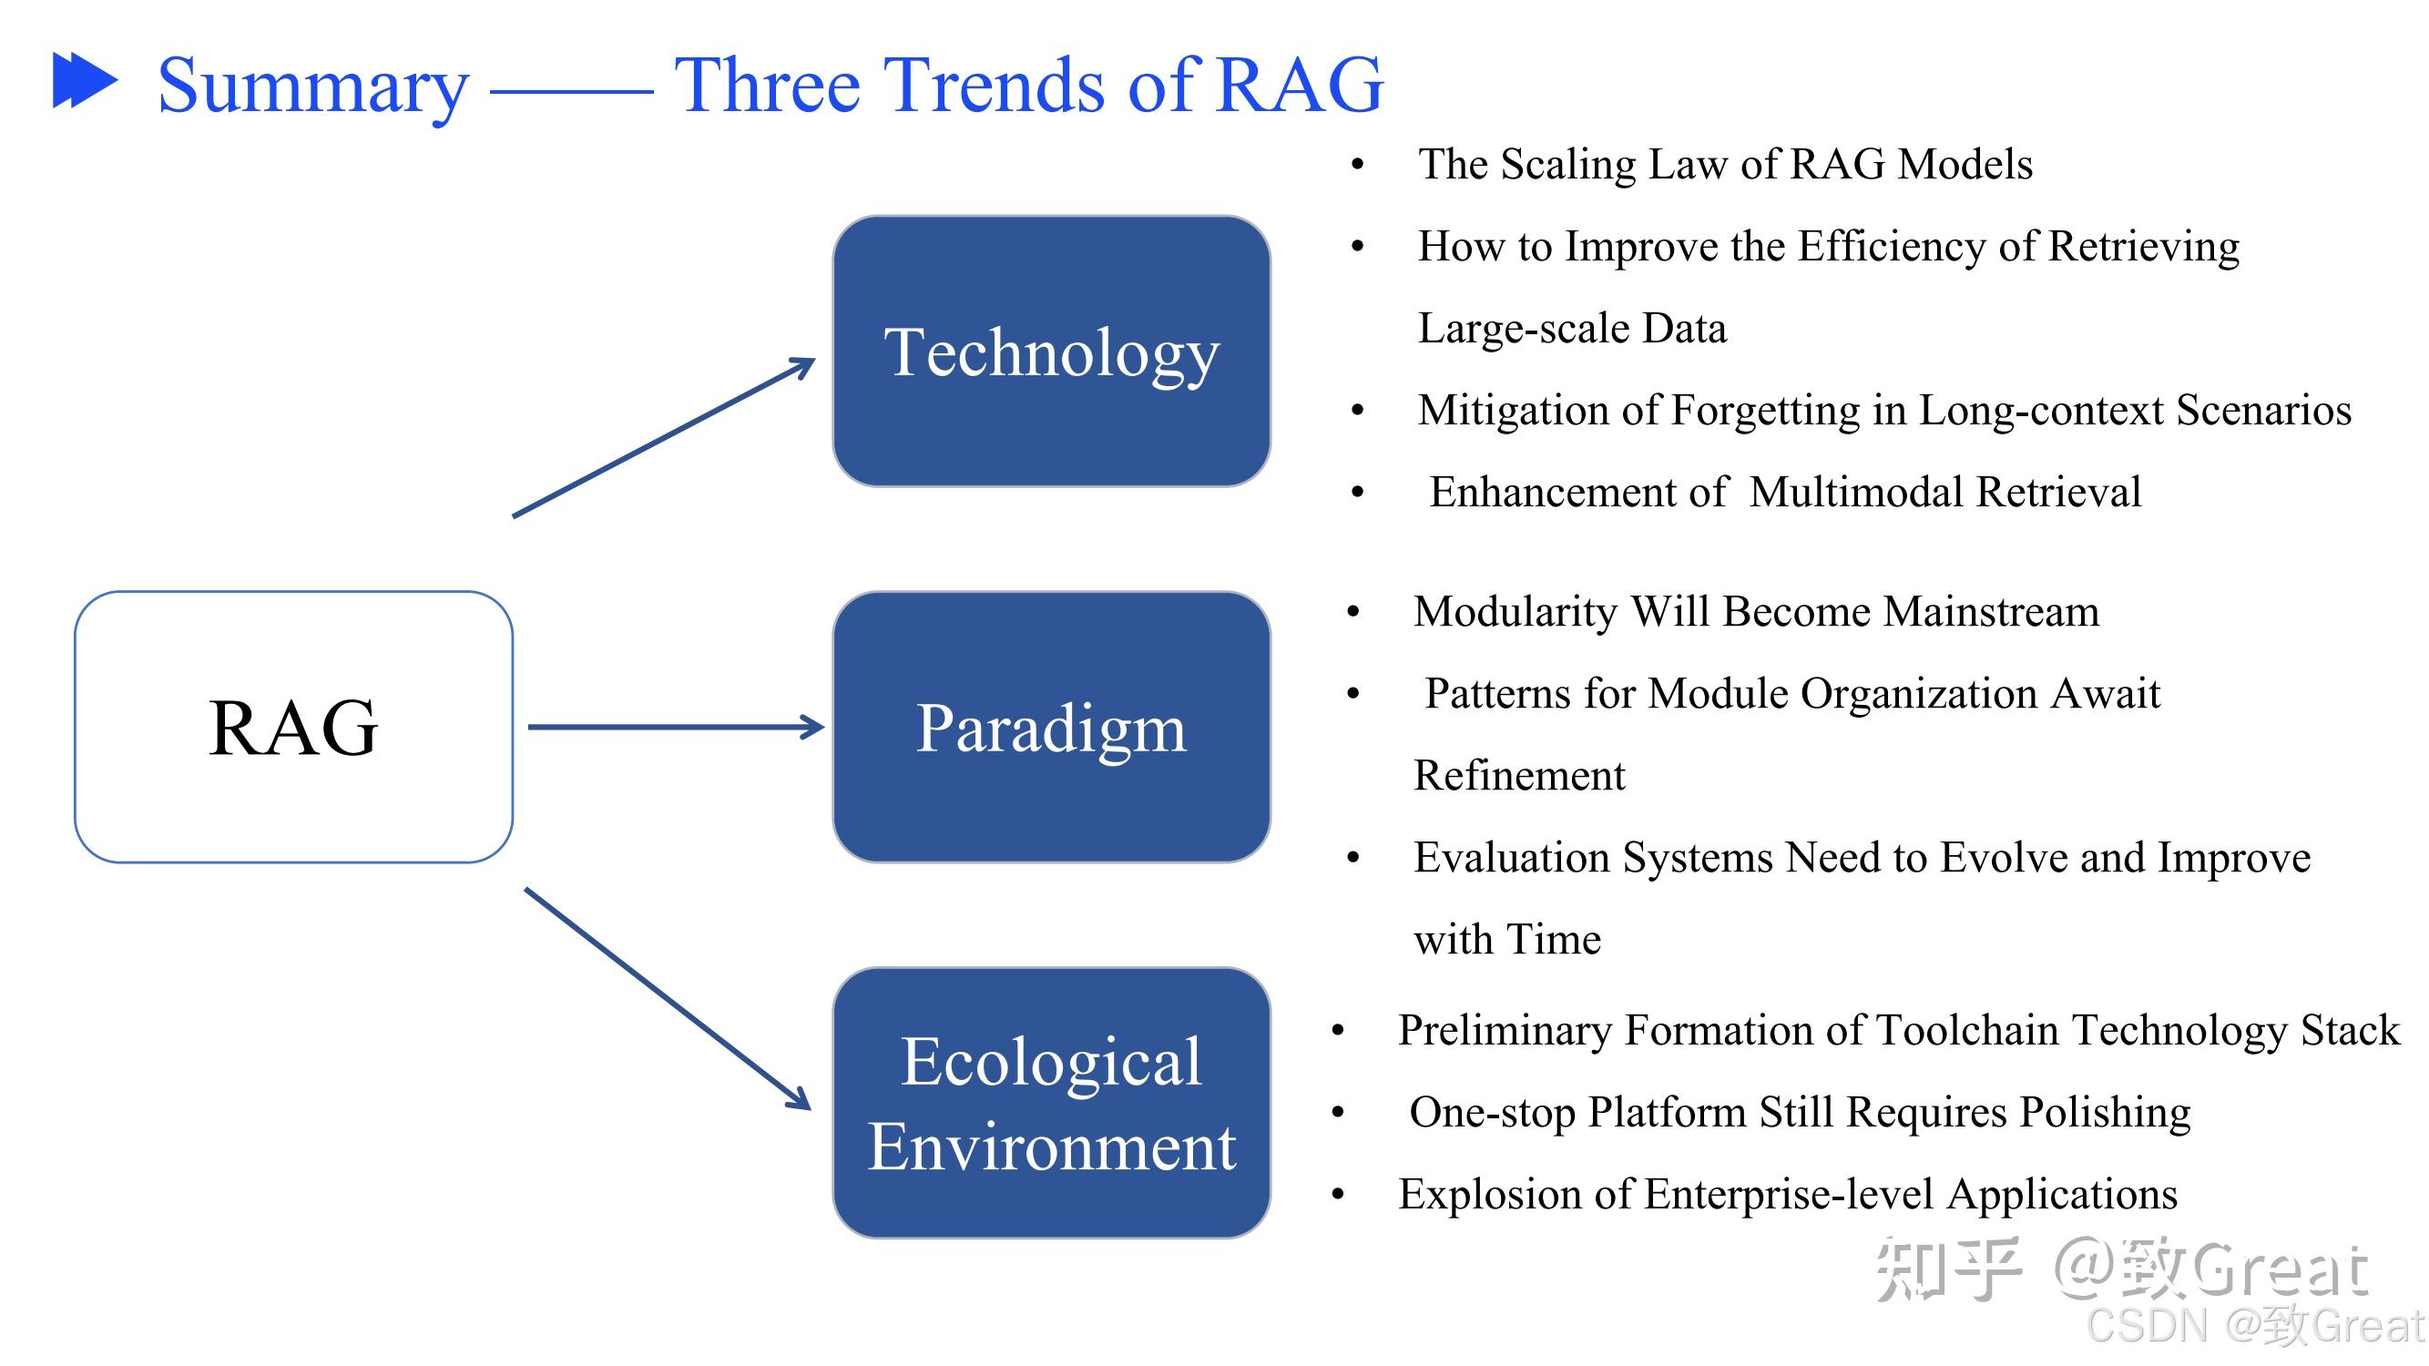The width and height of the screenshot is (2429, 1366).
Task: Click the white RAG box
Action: pyautogui.click(x=293, y=727)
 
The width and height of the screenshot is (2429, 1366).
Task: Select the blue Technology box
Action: pyautogui.click(x=1050, y=352)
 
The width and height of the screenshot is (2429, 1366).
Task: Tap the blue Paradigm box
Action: pyautogui.click(x=1050, y=727)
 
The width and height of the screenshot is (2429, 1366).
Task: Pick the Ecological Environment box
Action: pyautogui.click(x=1050, y=1102)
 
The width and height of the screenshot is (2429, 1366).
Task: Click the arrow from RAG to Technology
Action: pyautogui.click(x=664, y=438)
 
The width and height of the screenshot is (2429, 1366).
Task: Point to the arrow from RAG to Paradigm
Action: pyautogui.click(x=675, y=727)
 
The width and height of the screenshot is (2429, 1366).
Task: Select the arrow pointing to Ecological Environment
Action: pyautogui.click(x=667, y=998)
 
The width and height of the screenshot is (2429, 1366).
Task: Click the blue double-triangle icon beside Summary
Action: pyautogui.click(x=84, y=80)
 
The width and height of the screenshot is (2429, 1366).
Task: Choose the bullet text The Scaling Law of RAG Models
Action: pyautogui.click(x=1725, y=164)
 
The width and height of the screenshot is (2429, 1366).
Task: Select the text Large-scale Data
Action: pyautogui.click(x=1572, y=328)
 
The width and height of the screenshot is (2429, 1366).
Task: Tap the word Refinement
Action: pyautogui.click(x=1519, y=776)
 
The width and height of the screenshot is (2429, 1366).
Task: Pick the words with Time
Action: pyautogui.click(x=1506, y=940)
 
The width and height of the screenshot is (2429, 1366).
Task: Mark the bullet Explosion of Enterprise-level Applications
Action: pyautogui.click(x=1787, y=1195)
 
